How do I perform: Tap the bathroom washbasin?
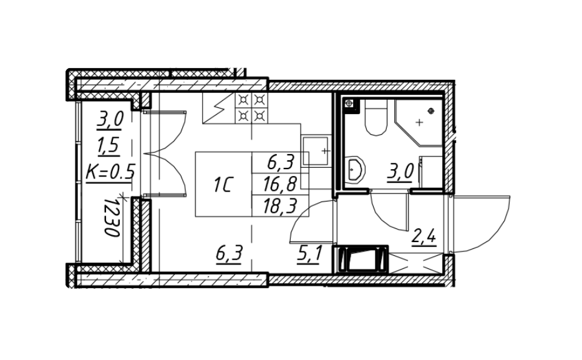[357, 168]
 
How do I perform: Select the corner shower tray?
[418, 122]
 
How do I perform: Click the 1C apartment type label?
[223, 185]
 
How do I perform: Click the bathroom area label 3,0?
[400, 171]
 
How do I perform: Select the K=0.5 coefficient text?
[110, 172]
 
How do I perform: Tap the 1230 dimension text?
[113, 217]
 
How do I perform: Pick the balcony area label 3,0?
[110, 119]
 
